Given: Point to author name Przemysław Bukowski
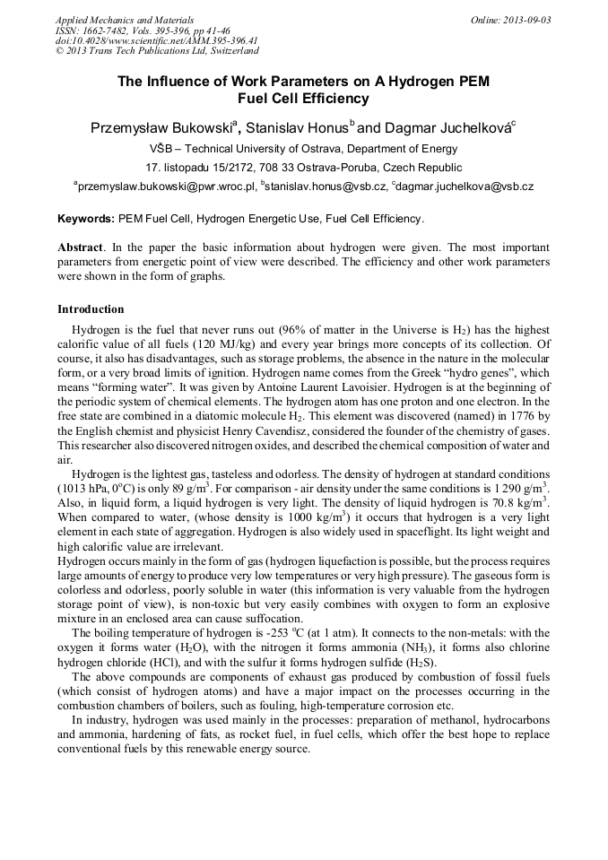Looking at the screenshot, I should pyautogui.click(x=161, y=128).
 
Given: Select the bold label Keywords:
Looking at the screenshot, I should pyautogui.click(x=86, y=218).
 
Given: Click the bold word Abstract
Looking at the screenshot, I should pyautogui.click(x=80, y=247).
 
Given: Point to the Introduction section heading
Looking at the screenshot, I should pyautogui.click(x=91, y=309).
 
